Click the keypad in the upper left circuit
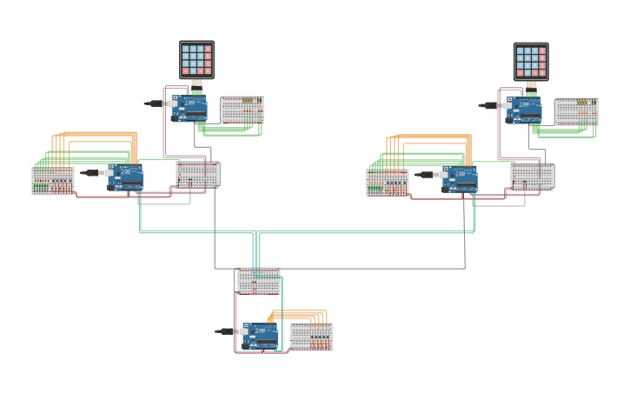coord(196,59)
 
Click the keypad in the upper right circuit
coord(530,61)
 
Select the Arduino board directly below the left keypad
coord(190,109)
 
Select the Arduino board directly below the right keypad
coord(525,110)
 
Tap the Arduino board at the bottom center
coord(261,335)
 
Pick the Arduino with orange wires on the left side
coord(126,177)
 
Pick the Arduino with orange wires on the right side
coord(460,178)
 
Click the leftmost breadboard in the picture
coord(52,180)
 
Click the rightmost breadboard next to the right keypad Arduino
coord(576,111)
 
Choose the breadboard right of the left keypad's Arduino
coord(242,110)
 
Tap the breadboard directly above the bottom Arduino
coord(258,280)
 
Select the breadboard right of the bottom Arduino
coord(310,337)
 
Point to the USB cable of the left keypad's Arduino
coord(156,104)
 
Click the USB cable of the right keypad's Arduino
coord(489,105)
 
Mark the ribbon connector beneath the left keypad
coord(196,84)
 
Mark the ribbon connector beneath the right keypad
coord(530,86)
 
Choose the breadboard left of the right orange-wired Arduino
coord(387,182)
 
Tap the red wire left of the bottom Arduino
coord(235,322)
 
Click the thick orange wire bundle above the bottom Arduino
coord(295,313)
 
